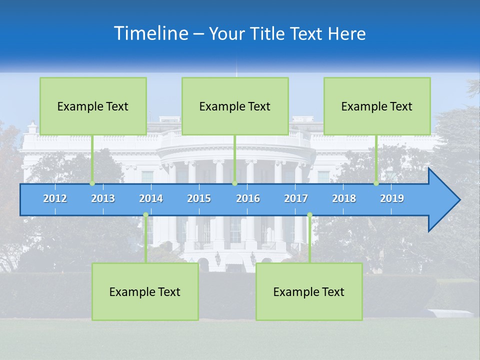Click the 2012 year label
click(x=55, y=198)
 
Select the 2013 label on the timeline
click(x=103, y=198)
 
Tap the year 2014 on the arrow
click(x=151, y=198)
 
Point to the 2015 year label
click(x=199, y=198)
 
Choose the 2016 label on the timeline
click(x=248, y=198)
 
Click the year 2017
click(x=296, y=198)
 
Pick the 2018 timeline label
click(x=344, y=198)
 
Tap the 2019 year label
click(x=392, y=198)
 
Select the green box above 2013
click(x=93, y=106)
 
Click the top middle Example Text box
click(x=235, y=106)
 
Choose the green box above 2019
click(x=377, y=106)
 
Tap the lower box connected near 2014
click(x=145, y=291)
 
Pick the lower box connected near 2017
click(x=309, y=291)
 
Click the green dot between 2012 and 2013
click(x=92, y=183)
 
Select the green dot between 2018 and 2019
click(x=376, y=183)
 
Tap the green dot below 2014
click(x=145, y=215)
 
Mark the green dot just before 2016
click(x=234, y=183)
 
